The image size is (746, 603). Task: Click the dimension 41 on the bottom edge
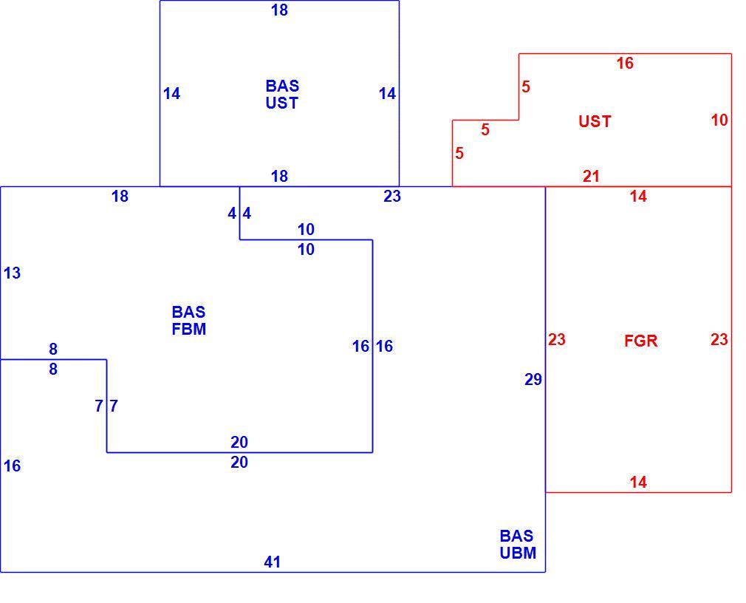(x=272, y=562)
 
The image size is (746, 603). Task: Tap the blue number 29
(x=533, y=379)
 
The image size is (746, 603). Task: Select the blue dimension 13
(x=12, y=273)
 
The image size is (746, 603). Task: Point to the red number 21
(x=591, y=177)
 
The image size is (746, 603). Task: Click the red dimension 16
(x=625, y=63)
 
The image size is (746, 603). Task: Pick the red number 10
(x=719, y=120)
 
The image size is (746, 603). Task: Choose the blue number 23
(x=392, y=196)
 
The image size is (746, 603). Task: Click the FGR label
(x=640, y=341)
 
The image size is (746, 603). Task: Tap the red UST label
(x=595, y=122)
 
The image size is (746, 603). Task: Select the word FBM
(x=189, y=330)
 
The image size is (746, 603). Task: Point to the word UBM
(x=518, y=553)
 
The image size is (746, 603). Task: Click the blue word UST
(x=281, y=103)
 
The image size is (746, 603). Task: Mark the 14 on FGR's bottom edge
(x=638, y=483)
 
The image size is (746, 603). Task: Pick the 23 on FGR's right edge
(x=719, y=339)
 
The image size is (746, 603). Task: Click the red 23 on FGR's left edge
(x=557, y=339)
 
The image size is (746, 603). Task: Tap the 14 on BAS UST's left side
(x=172, y=94)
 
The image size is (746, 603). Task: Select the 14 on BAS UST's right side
(x=387, y=94)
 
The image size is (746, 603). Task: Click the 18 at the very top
(x=279, y=10)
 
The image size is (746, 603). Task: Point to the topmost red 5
(x=525, y=87)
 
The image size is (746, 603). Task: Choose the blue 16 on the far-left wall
(x=12, y=466)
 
